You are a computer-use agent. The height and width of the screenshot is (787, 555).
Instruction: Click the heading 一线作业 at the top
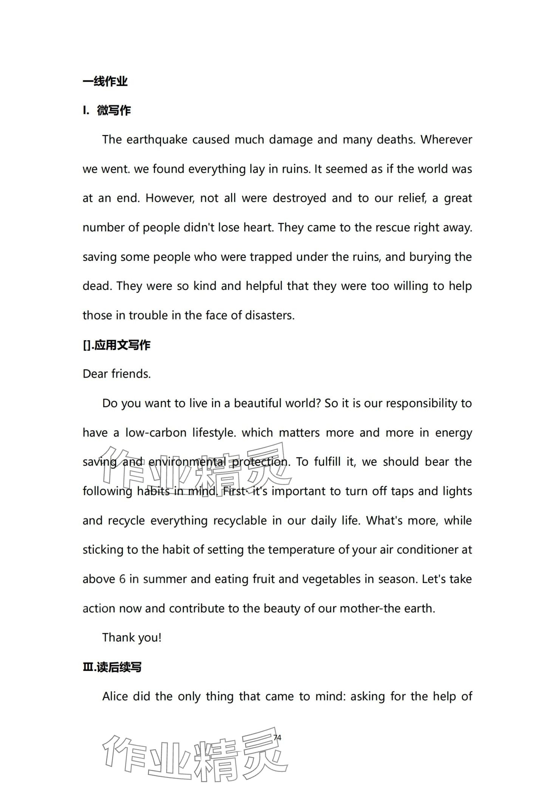(105, 81)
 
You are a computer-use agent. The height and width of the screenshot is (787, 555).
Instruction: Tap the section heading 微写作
(114, 110)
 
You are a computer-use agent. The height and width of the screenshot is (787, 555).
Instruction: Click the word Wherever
(446, 140)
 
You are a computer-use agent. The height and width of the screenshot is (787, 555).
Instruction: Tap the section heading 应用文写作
(122, 345)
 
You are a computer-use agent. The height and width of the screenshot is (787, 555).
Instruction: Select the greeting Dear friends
(116, 374)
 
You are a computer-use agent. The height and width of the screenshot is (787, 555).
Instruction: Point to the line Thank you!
(132, 638)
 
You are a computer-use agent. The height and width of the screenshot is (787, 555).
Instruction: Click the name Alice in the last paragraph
(115, 697)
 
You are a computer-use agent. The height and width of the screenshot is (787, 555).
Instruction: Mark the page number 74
(277, 737)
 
